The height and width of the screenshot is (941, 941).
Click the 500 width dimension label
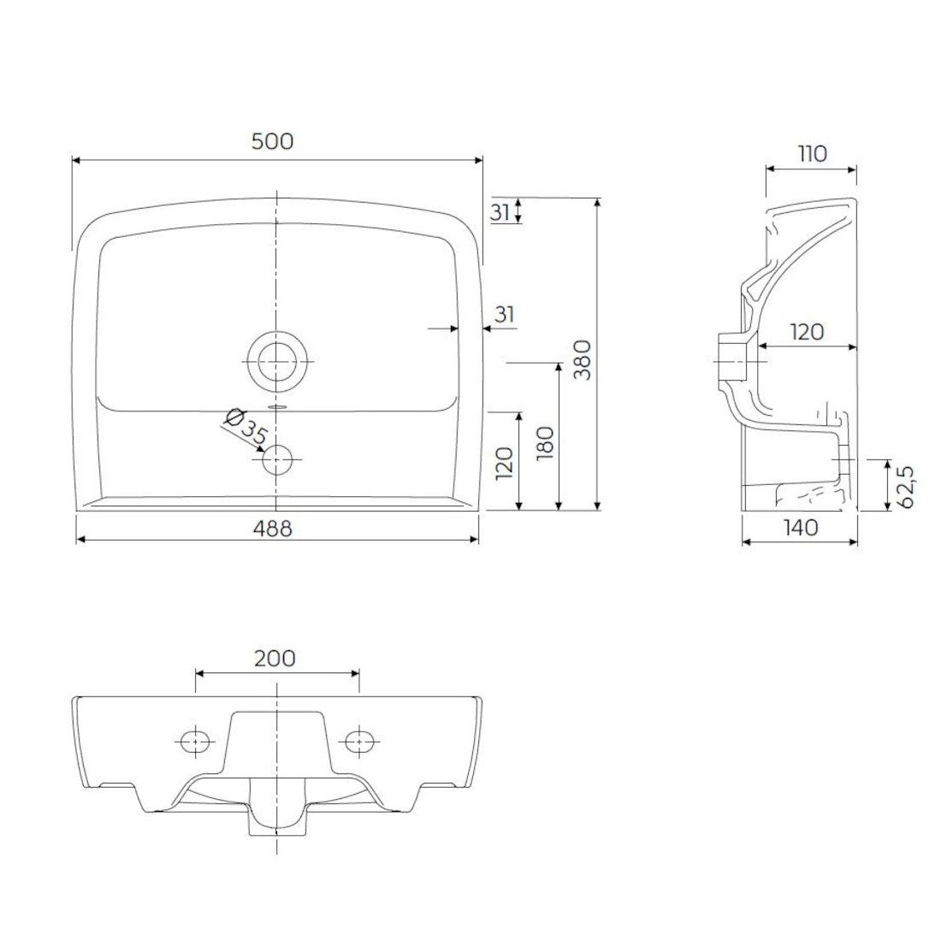click(272, 142)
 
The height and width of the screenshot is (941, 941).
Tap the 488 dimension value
click(272, 528)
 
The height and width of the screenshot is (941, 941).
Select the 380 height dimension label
click(582, 359)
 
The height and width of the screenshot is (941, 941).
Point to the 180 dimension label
click(545, 443)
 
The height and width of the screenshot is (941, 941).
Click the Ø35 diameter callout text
click(245, 427)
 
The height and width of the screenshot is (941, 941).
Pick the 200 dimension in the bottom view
click(275, 659)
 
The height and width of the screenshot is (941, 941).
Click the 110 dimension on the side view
click(813, 154)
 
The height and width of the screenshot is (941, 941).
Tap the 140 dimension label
click(801, 528)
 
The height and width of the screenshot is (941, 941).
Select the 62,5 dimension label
click(905, 486)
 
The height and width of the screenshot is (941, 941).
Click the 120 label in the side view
click(807, 331)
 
